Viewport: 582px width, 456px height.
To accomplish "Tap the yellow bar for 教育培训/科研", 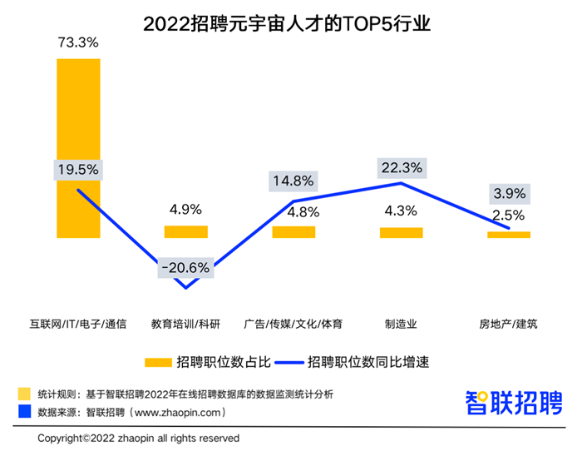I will [185, 231].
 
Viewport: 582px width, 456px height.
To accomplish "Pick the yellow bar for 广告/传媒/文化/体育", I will [293, 231].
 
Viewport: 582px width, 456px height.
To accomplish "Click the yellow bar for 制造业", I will [402, 232].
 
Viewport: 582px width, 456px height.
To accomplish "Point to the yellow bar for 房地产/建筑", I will [509, 235].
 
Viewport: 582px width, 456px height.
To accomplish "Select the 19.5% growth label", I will [78, 169].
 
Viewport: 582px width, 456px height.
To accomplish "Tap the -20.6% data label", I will [185, 268].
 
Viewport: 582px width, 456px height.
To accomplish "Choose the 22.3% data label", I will [401, 167].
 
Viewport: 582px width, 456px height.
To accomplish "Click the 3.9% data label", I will [509, 194].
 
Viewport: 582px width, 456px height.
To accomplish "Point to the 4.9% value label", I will [185, 210].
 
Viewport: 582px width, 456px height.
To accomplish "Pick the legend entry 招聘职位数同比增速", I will [358, 362].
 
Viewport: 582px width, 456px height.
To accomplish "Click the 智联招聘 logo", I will [513, 404].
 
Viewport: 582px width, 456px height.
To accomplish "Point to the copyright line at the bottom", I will [138, 438].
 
